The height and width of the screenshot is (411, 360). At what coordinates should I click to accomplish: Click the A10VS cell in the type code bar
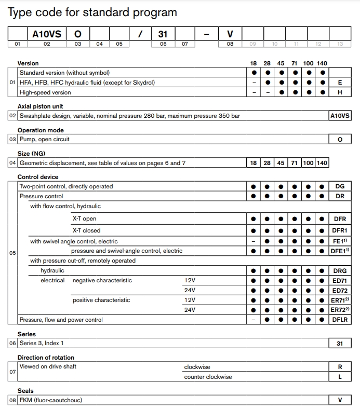(x=47, y=34)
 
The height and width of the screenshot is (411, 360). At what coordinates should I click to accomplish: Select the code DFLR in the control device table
(x=340, y=320)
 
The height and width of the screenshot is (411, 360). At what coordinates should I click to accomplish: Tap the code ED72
(x=340, y=290)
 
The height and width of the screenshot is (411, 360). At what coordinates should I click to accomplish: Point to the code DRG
(x=340, y=270)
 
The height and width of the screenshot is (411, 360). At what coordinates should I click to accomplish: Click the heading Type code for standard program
(x=92, y=12)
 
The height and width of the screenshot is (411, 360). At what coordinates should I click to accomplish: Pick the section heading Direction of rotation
(x=46, y=358)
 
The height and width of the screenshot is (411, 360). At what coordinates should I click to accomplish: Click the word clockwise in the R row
(x=197, y=367)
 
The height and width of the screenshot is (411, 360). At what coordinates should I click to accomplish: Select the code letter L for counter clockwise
(x=340, y=377)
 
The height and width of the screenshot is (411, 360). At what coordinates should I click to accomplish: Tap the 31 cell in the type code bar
(x=163, y=34)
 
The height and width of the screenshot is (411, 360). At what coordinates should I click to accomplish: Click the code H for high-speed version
(x=340, y=92)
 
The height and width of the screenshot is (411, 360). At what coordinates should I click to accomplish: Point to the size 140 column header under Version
(x=322, y=63)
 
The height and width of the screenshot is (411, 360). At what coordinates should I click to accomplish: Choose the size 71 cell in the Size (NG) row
(x=295, y=163)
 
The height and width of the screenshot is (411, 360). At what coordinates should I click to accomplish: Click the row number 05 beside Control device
(x=12, y=253)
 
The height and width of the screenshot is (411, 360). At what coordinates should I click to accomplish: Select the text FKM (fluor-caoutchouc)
(x=51, y=400)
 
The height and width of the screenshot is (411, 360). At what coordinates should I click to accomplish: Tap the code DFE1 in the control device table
(x=340, y=251)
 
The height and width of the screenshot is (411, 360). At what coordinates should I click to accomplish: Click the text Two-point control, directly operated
(x=66, y=186)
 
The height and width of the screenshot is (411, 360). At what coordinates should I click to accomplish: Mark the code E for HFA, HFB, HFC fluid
(x=340, y=83)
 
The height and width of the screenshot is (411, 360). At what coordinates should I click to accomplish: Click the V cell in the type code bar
(x=230, y=34)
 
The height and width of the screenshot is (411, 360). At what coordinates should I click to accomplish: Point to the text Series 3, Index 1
(x=42, y=343)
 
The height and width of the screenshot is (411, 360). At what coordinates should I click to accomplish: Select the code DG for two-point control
(x=340, y=186)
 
